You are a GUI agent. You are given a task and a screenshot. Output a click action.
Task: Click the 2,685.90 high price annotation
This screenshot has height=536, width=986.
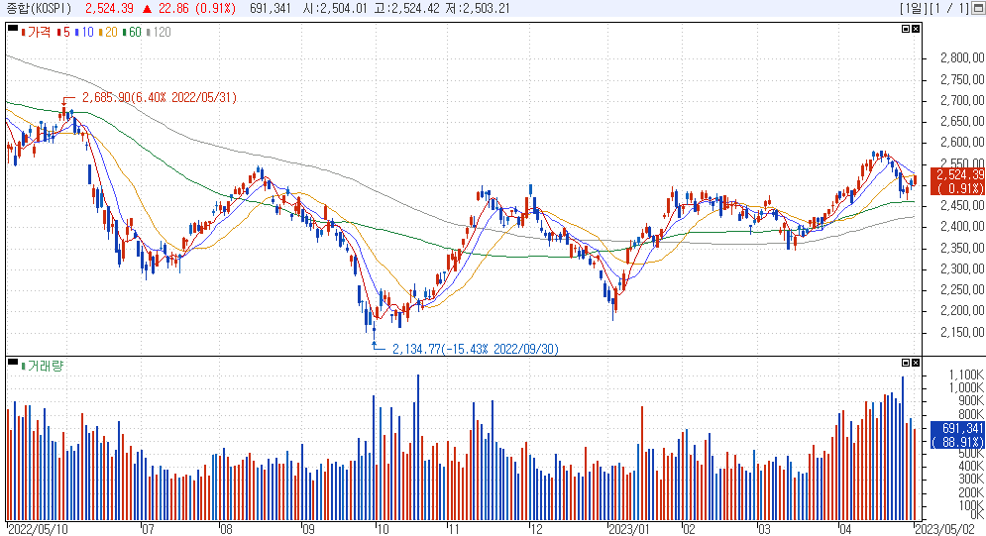[160, 97]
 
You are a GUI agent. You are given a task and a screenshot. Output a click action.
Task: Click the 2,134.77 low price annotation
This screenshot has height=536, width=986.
[476, 349]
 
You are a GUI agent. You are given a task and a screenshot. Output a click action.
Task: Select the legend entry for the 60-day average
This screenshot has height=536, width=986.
[132, 32]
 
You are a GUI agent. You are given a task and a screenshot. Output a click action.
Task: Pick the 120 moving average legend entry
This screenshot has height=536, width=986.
[159, 32]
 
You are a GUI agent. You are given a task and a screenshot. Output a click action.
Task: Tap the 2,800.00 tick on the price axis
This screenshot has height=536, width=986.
[962, 58]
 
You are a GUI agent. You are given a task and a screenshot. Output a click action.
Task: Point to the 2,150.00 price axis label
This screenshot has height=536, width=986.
[962, 332]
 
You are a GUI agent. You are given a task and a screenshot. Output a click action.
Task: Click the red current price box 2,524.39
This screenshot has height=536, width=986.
[957, 181]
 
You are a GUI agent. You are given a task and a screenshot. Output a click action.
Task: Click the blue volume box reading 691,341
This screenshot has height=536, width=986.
[957, 435]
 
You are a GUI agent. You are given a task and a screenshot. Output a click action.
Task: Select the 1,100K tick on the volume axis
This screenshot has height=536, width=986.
[966, 375]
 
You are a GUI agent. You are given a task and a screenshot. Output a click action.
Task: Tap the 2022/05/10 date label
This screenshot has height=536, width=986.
[38, 529]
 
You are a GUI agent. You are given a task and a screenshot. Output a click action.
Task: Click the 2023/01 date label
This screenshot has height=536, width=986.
[629, 529]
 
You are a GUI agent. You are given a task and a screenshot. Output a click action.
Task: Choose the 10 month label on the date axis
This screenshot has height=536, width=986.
[383, 529]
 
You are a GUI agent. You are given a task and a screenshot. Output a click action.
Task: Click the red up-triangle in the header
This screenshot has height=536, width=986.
[147, 9]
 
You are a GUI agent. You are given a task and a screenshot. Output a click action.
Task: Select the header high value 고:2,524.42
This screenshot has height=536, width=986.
[415, 8]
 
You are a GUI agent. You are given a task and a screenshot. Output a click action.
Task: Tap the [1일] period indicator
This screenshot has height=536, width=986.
[911, 8]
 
